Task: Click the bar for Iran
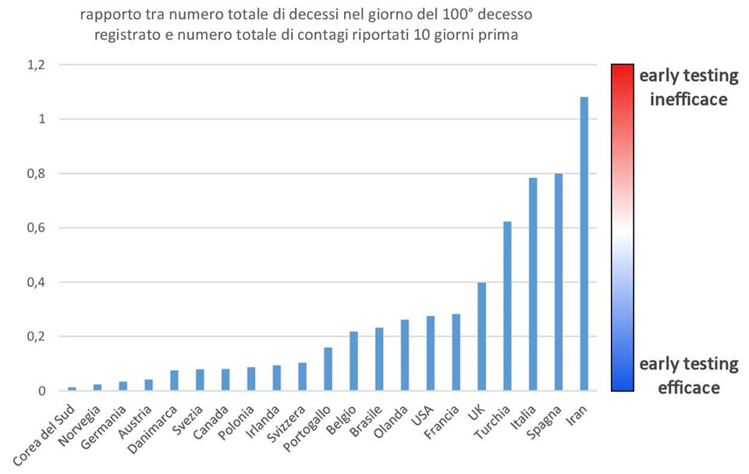584,244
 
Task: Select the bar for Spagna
559,282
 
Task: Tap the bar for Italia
533,284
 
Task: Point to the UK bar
481,337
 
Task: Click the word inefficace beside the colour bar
688,99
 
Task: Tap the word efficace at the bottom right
688,387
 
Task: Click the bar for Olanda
404,355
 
